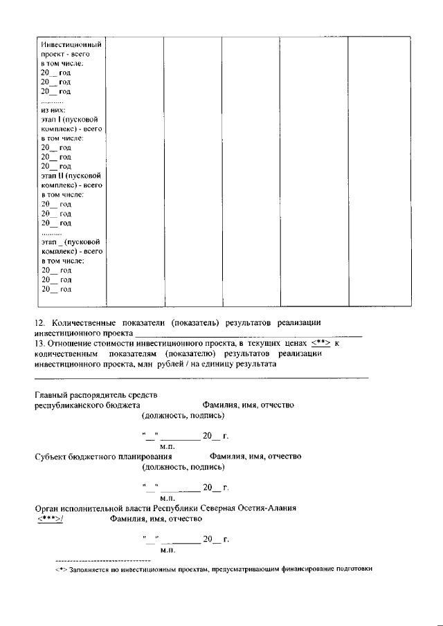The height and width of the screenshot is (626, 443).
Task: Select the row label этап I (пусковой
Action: coord(71,119)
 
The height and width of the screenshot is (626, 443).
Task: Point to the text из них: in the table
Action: coord(53,109)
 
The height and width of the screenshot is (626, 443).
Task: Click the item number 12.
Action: coord(39,323)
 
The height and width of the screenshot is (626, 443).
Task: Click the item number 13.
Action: coord(39,342)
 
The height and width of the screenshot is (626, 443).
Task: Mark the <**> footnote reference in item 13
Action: coord(319,342)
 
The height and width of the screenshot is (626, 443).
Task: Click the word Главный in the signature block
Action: coord(52,395)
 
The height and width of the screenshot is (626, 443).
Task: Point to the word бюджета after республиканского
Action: coord(125,405)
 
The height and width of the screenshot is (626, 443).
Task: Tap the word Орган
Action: coord(46,508)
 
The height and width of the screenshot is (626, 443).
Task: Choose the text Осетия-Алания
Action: coord(268,508)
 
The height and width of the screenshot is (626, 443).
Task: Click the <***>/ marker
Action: coord(49,518)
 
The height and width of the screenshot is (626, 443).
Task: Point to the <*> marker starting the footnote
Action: coord(60,569)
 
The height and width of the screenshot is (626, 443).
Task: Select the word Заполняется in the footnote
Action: coord(88,569)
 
